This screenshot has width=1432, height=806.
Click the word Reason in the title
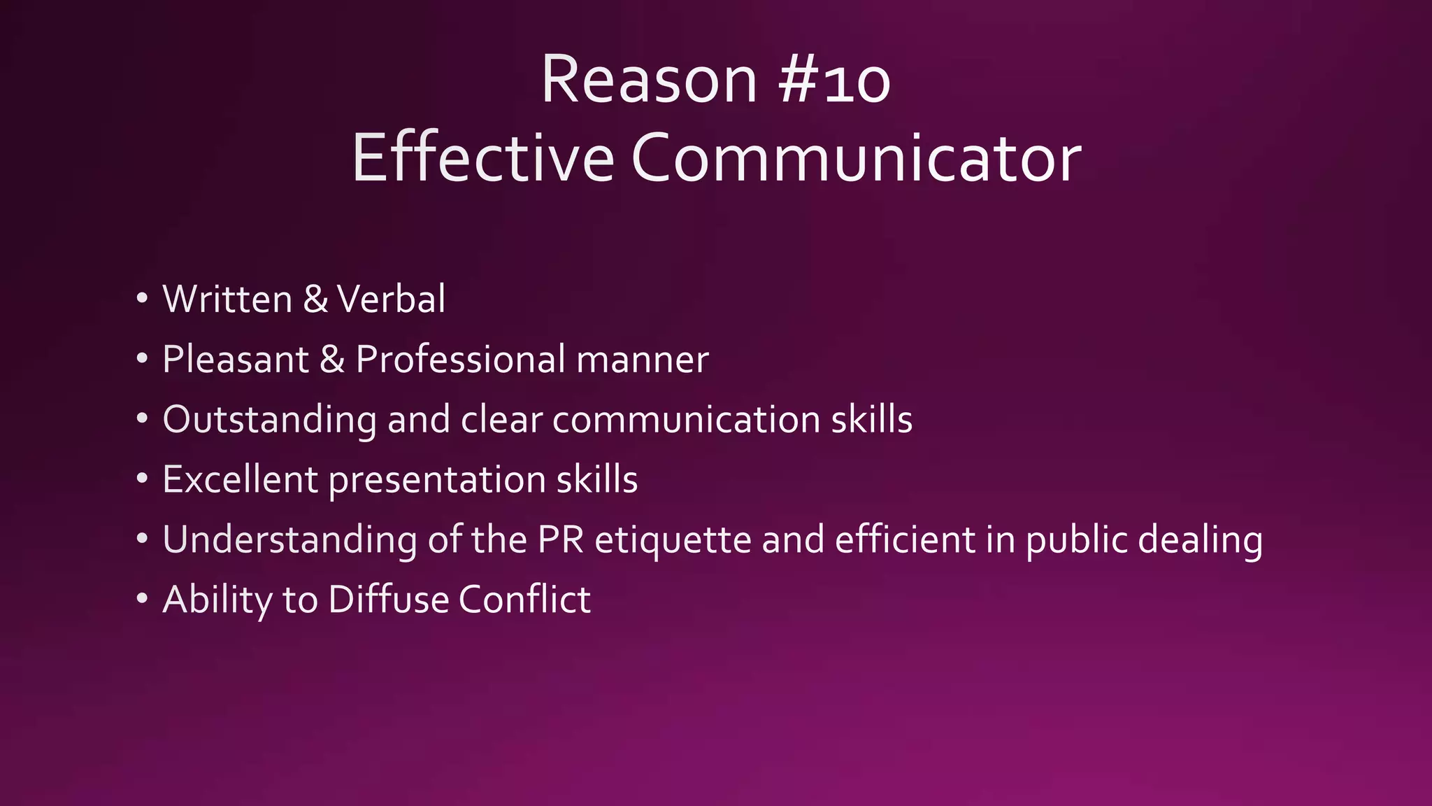tap(649, 80)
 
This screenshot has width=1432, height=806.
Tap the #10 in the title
tap(833, 82)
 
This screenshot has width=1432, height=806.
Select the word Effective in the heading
tap(482, 159)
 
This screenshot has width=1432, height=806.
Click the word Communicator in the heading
tap(856, 159)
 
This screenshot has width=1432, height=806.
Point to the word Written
tap(227, 299)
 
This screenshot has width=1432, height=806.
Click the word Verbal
tap(391, 299)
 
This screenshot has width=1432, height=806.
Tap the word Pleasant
tap(236, 360)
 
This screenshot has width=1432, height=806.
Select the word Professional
tap(461, 360)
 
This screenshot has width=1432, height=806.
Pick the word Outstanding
tap(269, 420)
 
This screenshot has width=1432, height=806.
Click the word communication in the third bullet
tap(686, 420)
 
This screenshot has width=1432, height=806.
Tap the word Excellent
tap(240, 480)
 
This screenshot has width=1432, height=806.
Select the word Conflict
tap(524, 600)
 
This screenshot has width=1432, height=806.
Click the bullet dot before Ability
tap(143, 600)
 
